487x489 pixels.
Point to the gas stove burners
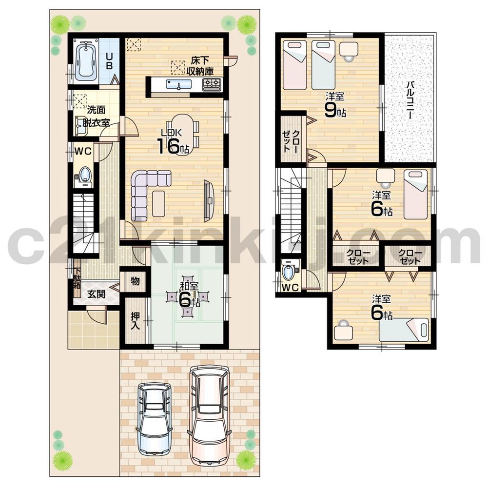coord(212,84)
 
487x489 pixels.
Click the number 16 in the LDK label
coord(167,146)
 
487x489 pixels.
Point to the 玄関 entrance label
coord(97,294)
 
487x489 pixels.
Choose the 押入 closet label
coord(135,321)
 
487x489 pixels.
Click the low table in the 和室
coord(188,298)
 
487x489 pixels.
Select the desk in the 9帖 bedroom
coord(348,49)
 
